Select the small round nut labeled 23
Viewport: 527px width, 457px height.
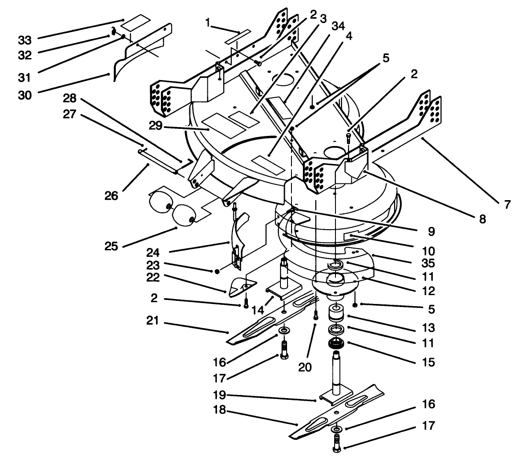(x=217, y=271)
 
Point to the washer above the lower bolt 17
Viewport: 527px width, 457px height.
(x=337, y=428)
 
